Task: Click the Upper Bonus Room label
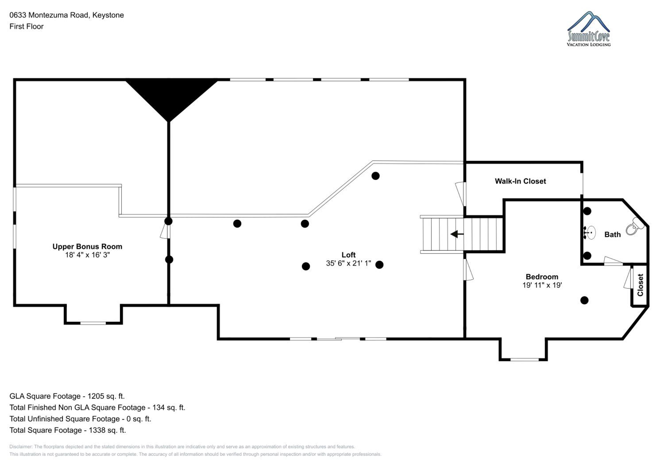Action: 87,246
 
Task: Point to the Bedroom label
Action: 542,277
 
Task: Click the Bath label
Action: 612,234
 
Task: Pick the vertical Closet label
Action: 640,285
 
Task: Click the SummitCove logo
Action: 589,29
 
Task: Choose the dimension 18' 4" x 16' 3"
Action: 87,255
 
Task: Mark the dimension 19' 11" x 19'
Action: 542,285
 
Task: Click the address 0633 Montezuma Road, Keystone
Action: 67,15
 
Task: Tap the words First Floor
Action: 26,27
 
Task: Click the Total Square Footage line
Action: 68,430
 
